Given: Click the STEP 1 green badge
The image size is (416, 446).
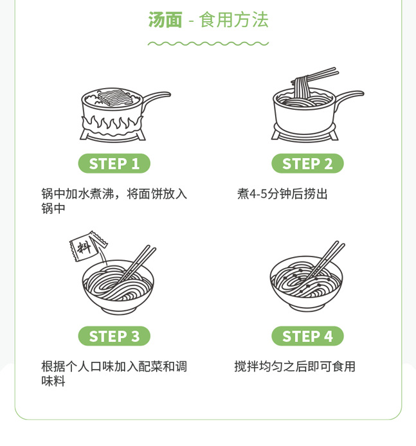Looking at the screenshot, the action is tap(114, 163).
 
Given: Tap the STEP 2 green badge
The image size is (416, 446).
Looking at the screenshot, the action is tap(307, 163).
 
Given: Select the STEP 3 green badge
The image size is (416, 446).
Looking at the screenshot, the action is tap(114, 336).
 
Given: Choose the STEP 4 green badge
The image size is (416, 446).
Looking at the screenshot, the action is tap(307, 336).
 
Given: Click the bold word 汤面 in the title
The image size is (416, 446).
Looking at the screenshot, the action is tap(165, 20).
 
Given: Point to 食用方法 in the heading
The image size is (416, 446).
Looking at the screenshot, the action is tap(233, 20).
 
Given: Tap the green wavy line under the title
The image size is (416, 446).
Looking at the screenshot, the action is tap(208, 44).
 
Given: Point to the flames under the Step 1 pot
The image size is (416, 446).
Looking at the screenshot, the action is tap(113, 125).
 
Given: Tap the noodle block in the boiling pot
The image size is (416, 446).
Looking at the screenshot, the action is tap(115, 97).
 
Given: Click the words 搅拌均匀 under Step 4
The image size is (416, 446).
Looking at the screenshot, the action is tap(258, 366).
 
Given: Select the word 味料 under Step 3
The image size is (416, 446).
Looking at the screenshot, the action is tap(53, 381).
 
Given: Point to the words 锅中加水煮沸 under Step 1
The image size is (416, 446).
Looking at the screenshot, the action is tap(78, 194).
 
